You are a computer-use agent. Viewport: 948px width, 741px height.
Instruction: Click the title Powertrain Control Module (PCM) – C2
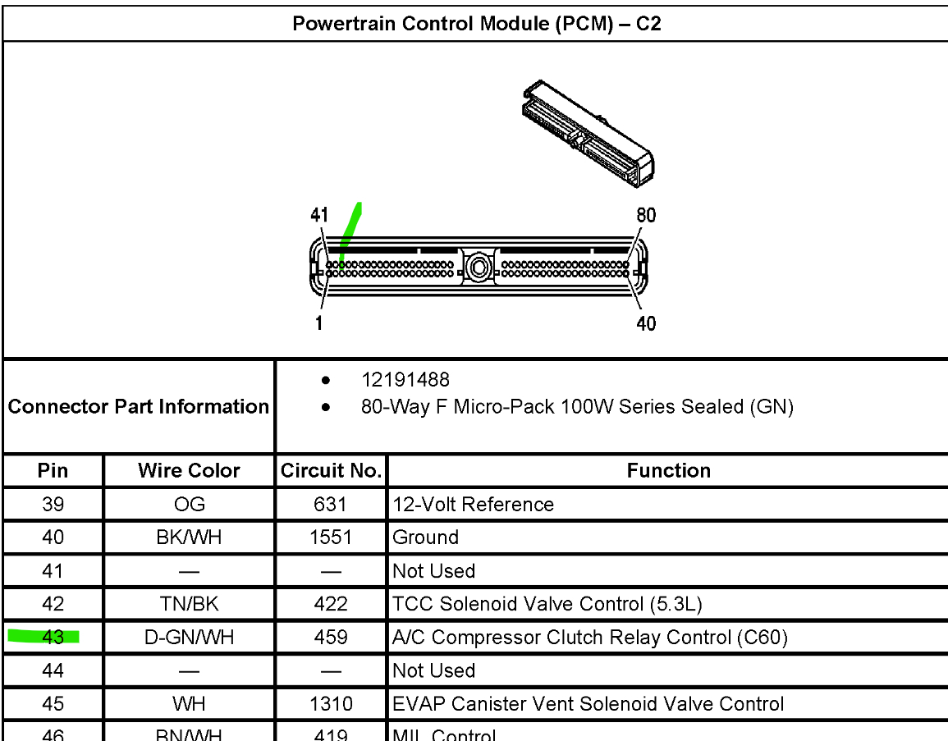coord(476,24)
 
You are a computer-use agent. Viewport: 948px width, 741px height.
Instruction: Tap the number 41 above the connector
coord(319,216)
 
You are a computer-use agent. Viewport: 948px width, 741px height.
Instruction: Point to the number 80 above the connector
coord(646,216)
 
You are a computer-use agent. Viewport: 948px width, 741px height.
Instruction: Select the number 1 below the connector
coord(318,323)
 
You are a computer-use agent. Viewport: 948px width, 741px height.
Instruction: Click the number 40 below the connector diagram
coord(646,323)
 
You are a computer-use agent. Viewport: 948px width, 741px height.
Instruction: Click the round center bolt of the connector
coord(478,267)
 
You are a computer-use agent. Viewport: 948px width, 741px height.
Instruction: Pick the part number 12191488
coord(405,380)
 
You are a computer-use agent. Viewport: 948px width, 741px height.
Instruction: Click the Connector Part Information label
coord(139,406)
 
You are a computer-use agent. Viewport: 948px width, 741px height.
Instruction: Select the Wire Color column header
coord(189,471)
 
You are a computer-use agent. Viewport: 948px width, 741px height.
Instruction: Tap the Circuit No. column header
coord(332,471)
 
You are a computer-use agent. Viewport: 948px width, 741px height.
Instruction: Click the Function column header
coord(668,471)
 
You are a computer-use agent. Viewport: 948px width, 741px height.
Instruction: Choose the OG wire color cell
coord(189,505)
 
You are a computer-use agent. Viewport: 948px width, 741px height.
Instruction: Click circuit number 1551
coord(331,537)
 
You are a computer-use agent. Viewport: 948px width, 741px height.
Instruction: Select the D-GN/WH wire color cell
coord(189,638)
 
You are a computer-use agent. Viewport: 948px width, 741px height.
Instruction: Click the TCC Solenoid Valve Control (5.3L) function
coord(547,604)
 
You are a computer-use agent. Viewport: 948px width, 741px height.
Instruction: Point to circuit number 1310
coord(331,704)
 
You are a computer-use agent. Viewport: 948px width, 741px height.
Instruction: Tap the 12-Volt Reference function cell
coord(474,505)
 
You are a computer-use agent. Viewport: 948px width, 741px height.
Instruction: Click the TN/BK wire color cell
coord(189,604)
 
